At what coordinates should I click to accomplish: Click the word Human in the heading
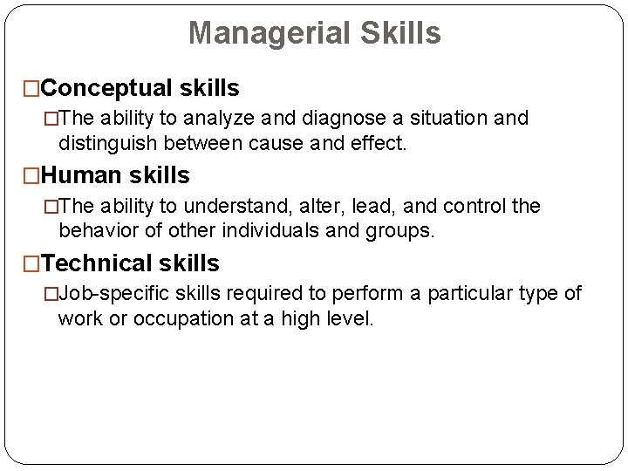click(x=83, y=175)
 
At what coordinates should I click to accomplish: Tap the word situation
click(x=447, y=119)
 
